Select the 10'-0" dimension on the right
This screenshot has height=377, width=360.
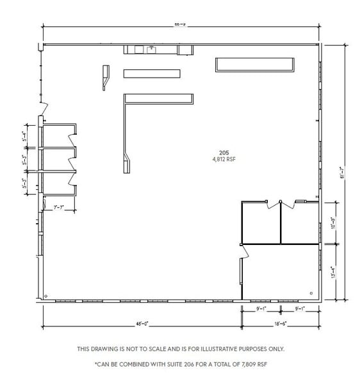332,222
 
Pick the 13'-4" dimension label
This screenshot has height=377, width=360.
332,272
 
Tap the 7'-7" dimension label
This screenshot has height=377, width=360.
60,206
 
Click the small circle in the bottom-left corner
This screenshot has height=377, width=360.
46,296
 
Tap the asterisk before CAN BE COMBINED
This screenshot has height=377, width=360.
95,363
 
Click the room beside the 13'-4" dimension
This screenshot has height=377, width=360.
280,272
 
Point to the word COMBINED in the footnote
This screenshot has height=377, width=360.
142,364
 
